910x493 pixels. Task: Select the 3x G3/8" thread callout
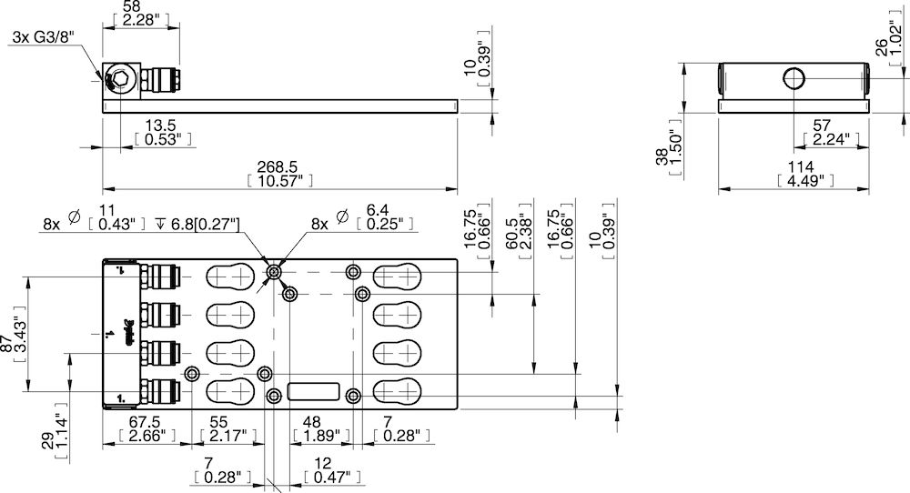42,37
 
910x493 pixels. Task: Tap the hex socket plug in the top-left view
117,82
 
